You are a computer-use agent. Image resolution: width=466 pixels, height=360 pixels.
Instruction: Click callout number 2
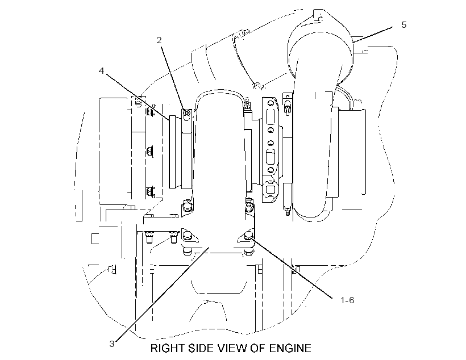coord(159,40)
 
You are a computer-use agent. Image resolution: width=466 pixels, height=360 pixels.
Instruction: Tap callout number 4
coord(102,71)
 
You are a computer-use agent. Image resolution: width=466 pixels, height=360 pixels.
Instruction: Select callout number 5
coord(403,24)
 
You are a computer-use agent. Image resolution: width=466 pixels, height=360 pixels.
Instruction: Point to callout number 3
coord(112,344)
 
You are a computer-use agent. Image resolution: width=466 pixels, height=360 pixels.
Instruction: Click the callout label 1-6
coord(347,300)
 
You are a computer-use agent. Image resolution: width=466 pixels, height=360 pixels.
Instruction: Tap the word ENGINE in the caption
coord(290,348)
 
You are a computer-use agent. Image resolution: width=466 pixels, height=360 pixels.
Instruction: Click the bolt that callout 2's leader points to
coord(186,113)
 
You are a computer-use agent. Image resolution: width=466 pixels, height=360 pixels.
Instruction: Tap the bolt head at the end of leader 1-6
coord(248,236)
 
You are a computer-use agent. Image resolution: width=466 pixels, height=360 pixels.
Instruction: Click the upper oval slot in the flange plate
coord(270,116)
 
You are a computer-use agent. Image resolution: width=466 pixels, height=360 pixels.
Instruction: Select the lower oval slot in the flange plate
coord(270,157)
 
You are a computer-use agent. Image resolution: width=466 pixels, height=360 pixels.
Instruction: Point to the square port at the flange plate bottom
coord(270,190)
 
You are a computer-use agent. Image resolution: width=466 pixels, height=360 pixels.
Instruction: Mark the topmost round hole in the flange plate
coord(270,104)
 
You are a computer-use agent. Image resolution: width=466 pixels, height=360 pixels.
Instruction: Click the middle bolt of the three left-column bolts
coord(150,152)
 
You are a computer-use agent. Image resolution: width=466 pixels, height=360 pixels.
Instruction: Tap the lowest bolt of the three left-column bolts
coord(150,192)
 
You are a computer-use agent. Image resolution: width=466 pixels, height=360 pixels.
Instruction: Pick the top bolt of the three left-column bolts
coord(150,111)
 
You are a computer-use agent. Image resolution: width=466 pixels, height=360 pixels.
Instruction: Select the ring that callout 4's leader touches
coord(172,152)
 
